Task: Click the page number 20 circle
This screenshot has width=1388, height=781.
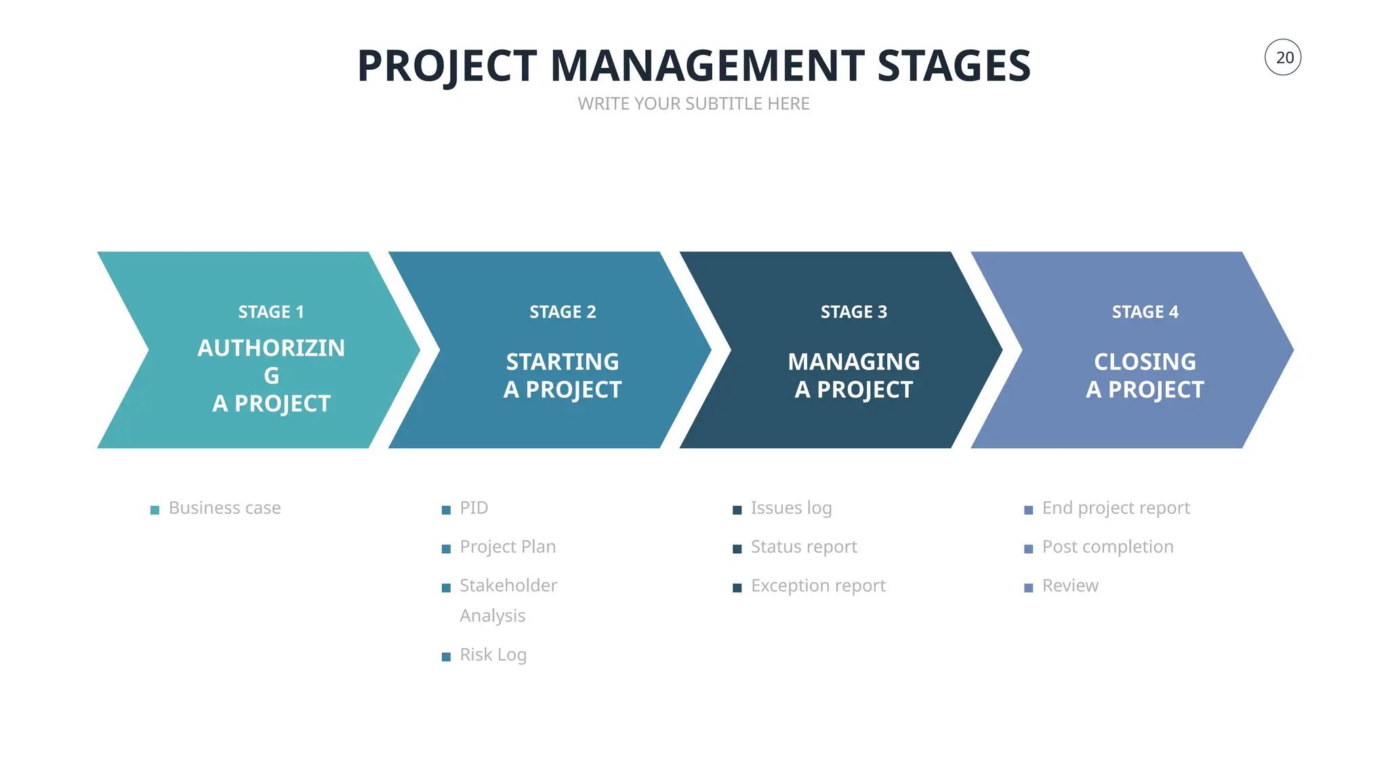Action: click(1282, 58)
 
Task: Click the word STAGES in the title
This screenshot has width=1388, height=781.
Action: click(954, 66)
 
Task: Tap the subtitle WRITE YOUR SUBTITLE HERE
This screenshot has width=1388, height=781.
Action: click(693, 104)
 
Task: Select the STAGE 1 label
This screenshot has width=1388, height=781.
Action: click(271, 312)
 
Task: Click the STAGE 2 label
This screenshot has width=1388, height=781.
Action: click(563, 312)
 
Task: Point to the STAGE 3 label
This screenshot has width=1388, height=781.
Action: click(853, 312)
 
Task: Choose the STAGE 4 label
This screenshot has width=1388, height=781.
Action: click(1145, 312)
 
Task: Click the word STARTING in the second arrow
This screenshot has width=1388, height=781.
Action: click(563, 361)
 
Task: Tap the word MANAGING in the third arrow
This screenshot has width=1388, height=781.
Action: click(853, 361)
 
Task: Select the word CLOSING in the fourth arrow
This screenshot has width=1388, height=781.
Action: click(1145, 361)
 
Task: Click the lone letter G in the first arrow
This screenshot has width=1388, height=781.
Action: click(271, 376)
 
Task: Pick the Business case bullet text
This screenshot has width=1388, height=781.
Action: click(224, 508)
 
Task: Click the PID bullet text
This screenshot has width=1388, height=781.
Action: click(474, 508)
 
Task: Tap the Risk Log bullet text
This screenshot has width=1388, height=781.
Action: click(493, 654)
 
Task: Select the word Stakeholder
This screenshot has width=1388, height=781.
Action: click(508, 585)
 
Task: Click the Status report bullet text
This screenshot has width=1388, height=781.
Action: click(804, 546)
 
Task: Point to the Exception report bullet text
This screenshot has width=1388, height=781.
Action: click(818, 585)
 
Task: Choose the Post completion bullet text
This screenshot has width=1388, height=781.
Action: click(1107, 546)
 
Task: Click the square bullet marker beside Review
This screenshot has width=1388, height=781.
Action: click(1028, 588)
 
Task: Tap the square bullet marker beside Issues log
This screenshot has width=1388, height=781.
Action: click(737, 510)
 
